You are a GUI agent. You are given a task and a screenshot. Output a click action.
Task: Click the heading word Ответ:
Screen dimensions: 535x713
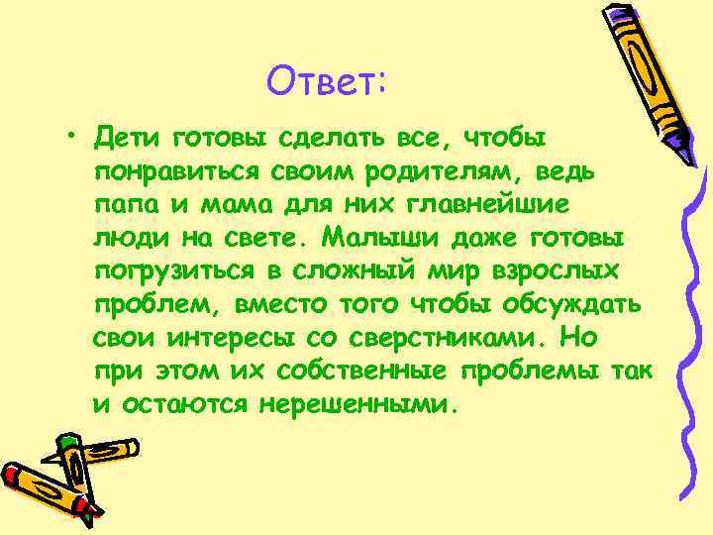pyautogui.click(x=326, y=82)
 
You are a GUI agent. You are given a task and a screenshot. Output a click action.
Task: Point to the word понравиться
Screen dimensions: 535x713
pyautogui.click(x=175, y=169)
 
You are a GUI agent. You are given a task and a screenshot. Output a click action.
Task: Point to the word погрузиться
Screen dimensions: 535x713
pyautogui.click(x=173, y=271)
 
